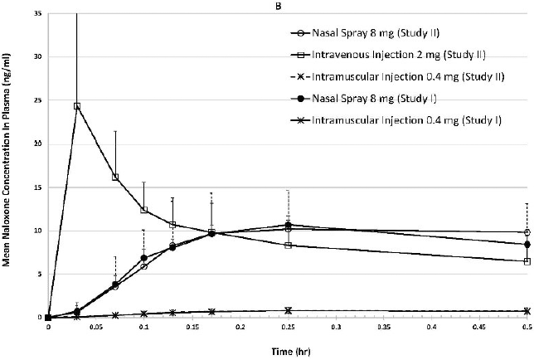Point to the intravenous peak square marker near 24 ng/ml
pos(77,106)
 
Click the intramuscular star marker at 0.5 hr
pos(527,311)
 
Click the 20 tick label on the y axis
pos(38,144)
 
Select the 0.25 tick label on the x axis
pos(288,328)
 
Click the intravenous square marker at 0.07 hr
pos(115,177)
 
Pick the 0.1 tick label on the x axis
pos(144,328)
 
